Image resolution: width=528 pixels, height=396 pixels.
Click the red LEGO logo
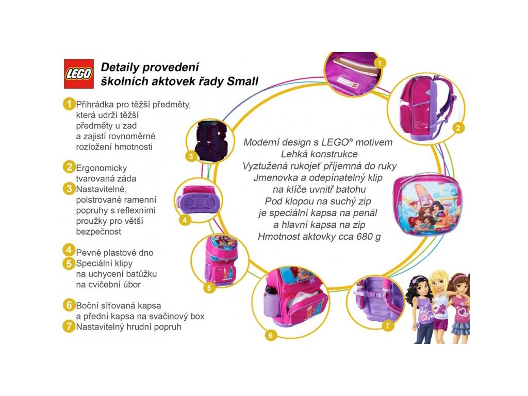point(78,74)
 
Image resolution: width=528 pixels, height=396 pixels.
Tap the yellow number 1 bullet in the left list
point(69,104)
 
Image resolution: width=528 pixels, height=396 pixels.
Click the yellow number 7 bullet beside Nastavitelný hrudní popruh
point(69,325)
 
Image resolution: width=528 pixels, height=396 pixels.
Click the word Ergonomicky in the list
point(102,168)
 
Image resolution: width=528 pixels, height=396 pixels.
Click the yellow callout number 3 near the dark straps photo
point(191,156)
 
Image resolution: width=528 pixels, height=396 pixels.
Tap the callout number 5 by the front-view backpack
point(209,288)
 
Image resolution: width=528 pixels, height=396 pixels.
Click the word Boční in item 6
point(89,305)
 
